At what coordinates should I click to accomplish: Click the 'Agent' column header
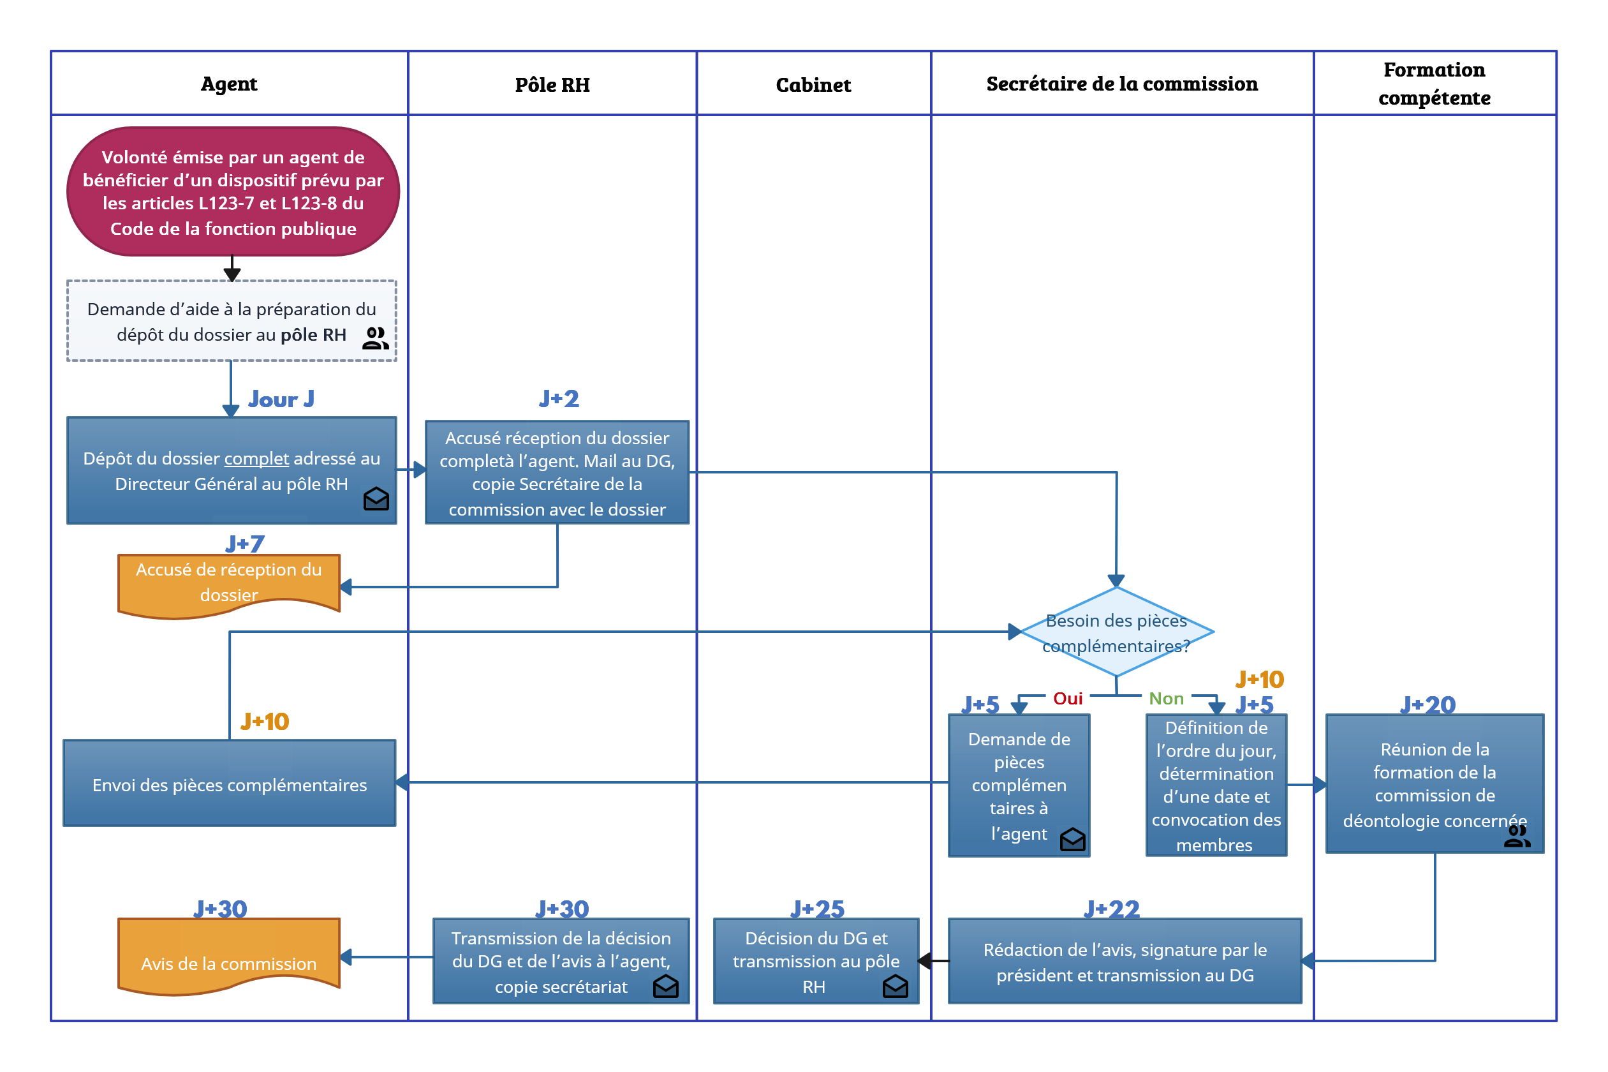coord(228,84)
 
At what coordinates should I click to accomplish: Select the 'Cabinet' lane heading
coord(813,85)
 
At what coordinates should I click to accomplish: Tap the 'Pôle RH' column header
coord(552,85)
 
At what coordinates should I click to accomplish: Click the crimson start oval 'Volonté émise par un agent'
coord(232,191)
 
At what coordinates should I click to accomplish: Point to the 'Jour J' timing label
coord(281,399)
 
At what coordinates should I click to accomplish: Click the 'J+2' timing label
coord(558,398)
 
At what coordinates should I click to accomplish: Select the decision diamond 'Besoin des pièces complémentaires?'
coord(1116,632)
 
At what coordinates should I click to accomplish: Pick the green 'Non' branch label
coord(1165,698)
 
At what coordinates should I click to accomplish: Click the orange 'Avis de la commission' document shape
coord(228,957)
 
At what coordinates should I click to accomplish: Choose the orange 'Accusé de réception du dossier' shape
coord(228,586)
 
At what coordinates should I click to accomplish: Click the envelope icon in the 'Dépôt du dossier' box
coord(376,498)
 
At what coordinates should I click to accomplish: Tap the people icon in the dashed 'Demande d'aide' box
coord(375,338)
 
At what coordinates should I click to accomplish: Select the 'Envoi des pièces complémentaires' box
coord(229,783)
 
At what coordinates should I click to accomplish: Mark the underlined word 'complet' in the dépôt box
coord(256,458)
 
